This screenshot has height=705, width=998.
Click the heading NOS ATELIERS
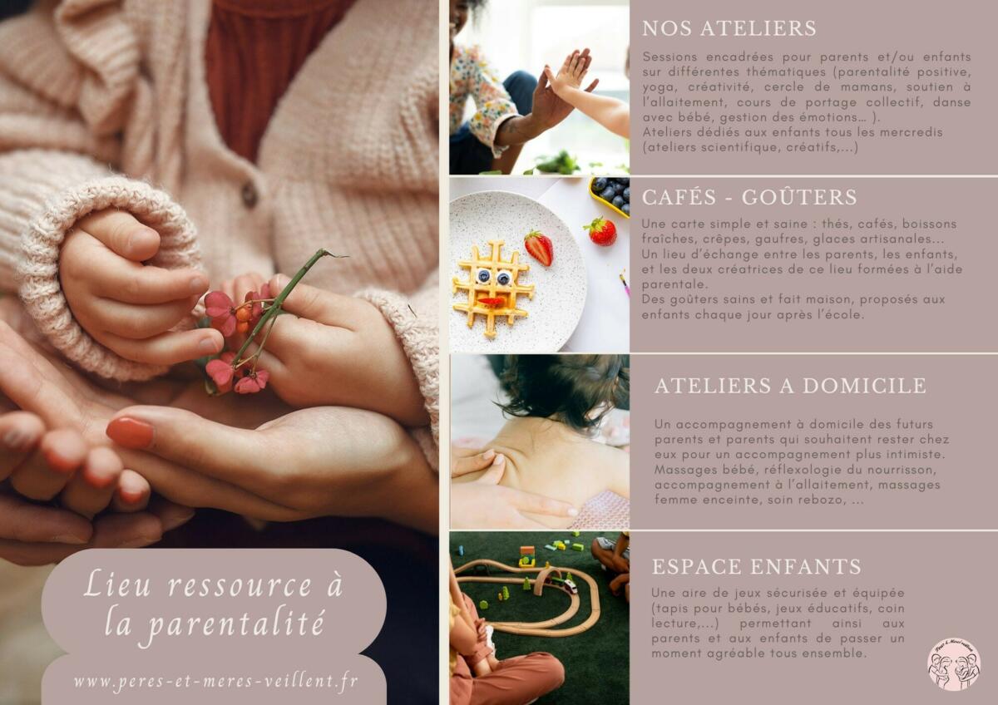[x=729, y=28]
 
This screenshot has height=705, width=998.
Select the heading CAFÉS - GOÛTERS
[x=749, y=197]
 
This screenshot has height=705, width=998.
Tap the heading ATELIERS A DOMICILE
[x=790, y=386]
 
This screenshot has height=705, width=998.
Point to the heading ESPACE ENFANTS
[x=756, y=566]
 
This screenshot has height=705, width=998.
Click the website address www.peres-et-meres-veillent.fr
[x=215, y=682]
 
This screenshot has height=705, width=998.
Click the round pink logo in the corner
[x=954, y=665]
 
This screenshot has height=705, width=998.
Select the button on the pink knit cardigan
[x=249, y=194]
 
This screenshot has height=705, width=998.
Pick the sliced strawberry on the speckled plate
[x=539, y=248]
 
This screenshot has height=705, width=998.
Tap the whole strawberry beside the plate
[x=601, y=230]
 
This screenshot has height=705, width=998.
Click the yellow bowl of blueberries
[x=610, y=196]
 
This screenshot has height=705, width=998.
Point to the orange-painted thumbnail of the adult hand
[x=130, y=432]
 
